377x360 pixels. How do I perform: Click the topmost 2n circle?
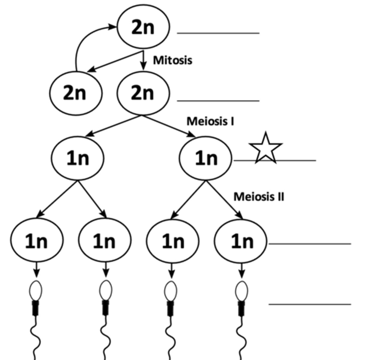pos(143,27)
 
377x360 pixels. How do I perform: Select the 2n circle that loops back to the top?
pos(76,93)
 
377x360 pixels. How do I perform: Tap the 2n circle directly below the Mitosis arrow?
pos(143,93)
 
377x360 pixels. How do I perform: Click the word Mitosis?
pos(172,60)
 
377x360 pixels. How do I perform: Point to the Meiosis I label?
pos(210,121)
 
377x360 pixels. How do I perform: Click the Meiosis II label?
pos(259,197)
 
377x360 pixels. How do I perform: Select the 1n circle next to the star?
pos(206,158)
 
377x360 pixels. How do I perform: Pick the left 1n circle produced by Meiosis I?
pos(77,158)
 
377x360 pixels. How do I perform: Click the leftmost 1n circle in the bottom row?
pos(37,241)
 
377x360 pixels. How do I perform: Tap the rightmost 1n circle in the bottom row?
pos(241,241)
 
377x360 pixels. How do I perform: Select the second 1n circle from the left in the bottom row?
pos(104,241)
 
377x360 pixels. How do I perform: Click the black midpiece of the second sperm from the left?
pos(105,308)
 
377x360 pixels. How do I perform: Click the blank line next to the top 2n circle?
pos(218,33)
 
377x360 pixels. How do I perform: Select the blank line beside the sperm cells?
pos(310,304)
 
